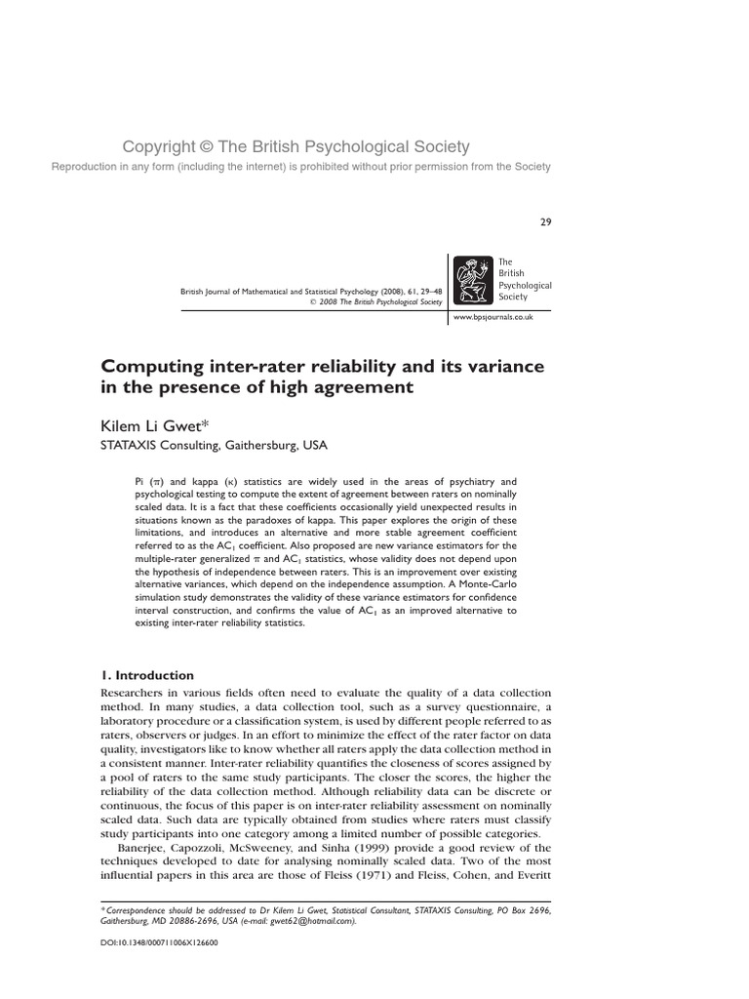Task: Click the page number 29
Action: point(545,222)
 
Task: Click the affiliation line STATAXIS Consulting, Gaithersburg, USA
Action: point(215,445)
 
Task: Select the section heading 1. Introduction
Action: point(148,675)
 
